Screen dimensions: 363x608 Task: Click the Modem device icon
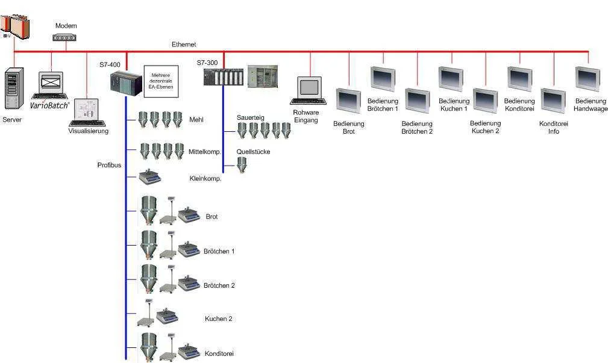pos(65,37)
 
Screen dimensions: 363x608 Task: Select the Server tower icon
pos(13,90)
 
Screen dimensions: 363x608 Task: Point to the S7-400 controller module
pos(125,82)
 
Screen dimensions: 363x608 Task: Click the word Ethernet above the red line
pos(184,45)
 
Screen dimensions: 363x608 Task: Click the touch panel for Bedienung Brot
pos(348,102)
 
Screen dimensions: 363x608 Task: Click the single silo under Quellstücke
pos(242,165)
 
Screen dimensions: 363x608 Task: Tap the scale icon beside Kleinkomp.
pos(149,177)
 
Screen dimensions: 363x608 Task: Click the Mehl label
pos(196,120)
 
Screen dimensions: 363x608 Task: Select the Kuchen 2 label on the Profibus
pos(218,318)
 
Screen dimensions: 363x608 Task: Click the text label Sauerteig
pos(250,117)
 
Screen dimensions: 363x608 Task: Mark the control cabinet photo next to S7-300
pos(263,76)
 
